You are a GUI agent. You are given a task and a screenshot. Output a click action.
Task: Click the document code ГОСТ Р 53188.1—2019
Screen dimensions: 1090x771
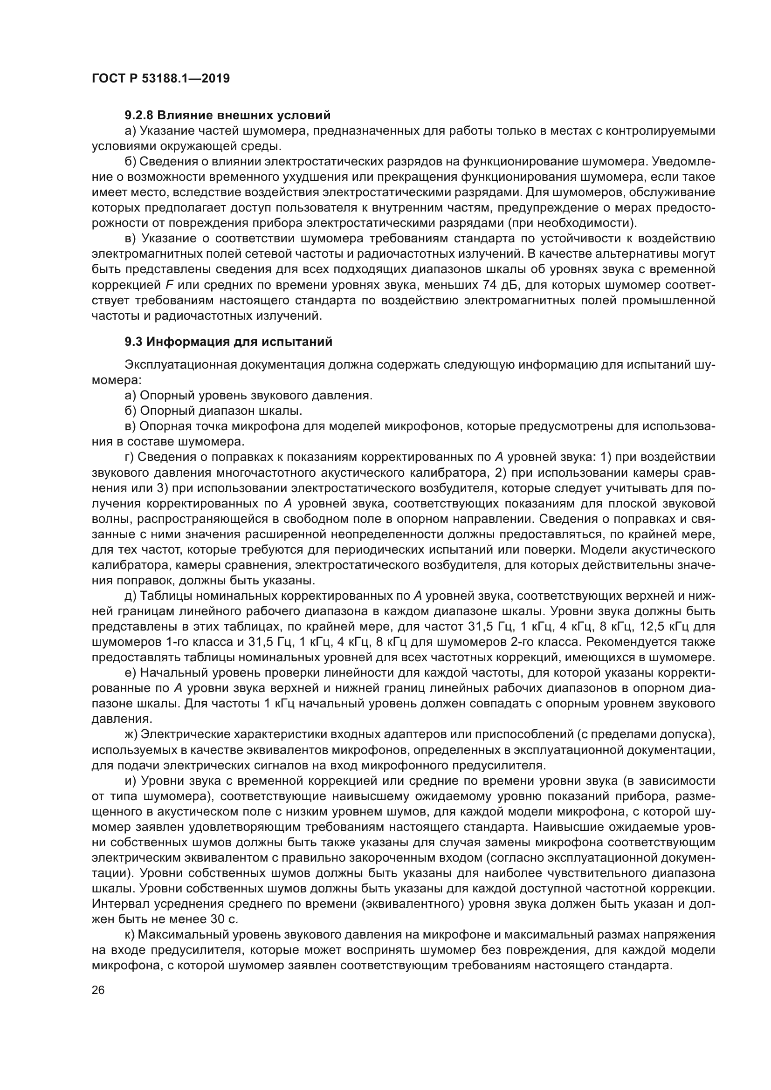click(x=160, y=78)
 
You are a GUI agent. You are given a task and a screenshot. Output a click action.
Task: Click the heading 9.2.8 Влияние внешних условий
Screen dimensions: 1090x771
click(x=227, y=116)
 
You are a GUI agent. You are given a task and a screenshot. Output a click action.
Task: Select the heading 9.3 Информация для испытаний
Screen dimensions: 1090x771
click(x=228, y=342)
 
